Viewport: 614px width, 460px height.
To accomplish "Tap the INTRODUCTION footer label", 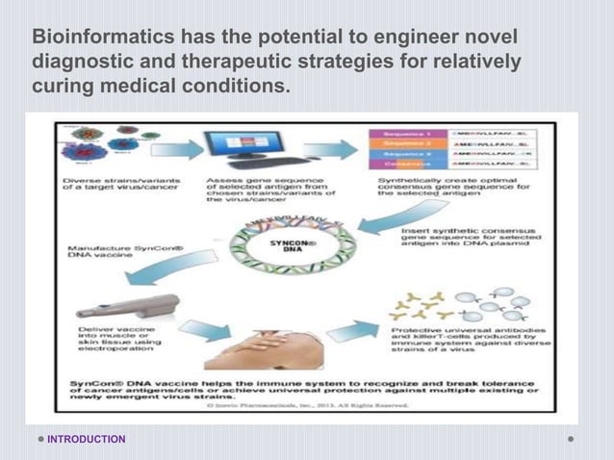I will pos(88,440).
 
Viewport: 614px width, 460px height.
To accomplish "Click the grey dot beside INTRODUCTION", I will pos(41,440).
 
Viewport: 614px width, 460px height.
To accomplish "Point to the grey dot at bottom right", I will pos(571,440).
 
